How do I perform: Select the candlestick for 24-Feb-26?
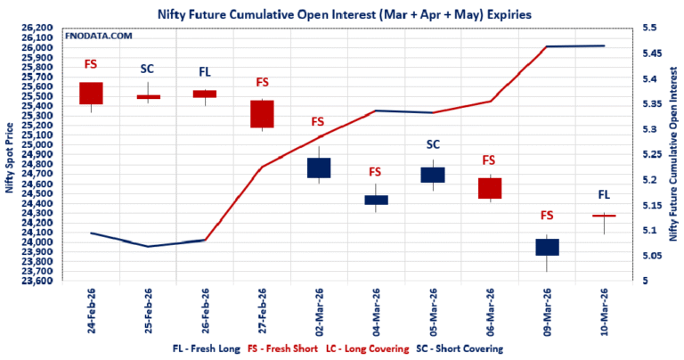coord(91,94)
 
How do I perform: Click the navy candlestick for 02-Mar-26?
coord(319,168)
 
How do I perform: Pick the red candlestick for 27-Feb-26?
coord(262,114)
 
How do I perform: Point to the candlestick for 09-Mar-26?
coord(547,247)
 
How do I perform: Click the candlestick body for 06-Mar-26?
coord(490,188)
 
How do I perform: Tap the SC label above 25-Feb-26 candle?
coord(148,70)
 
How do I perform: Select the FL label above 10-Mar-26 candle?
coord(604,194)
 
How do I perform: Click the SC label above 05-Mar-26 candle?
coord(433,143)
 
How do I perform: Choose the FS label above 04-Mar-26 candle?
coord(375,172)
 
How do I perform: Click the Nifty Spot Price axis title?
coord(10,155)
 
